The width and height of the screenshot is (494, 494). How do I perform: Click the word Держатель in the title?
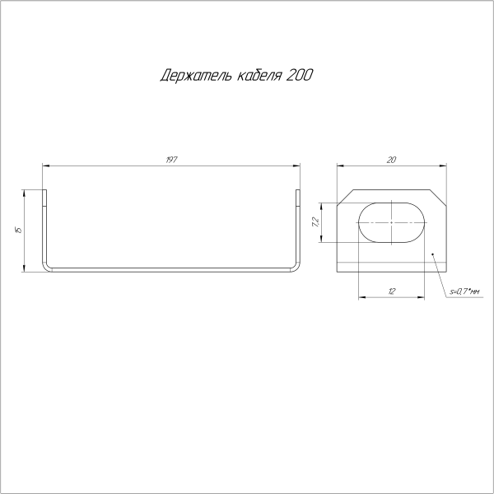click(191, 77)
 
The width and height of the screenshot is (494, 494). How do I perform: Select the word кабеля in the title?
click(256, 77)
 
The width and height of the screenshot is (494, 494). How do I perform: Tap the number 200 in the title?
click(300, 77)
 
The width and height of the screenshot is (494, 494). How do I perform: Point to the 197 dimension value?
click(171, 158)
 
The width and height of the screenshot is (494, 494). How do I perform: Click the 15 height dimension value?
click(17, 230)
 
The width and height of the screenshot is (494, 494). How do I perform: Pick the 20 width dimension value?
click(392, 159)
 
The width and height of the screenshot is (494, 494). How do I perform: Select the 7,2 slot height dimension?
click(315, 221)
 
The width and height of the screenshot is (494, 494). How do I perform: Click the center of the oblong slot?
click(392, 221)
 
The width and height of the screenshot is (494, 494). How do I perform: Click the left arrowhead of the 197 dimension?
click(45, 165)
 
